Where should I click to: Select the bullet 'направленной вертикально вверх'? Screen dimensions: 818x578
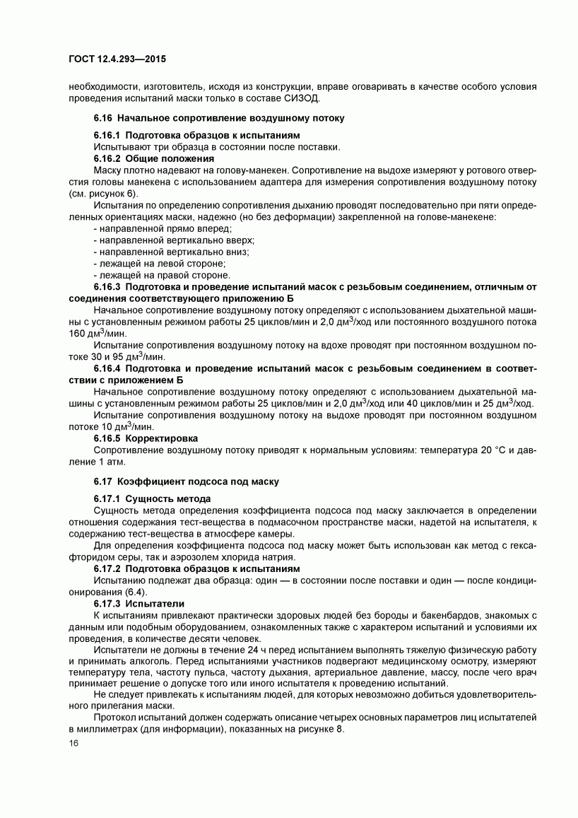(174, 240)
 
